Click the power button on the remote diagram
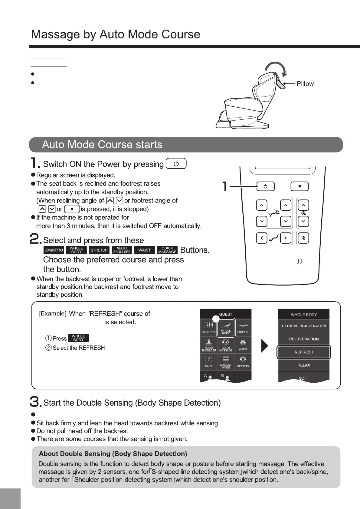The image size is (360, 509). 265,186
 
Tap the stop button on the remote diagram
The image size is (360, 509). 299,186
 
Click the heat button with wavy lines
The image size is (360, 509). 303,238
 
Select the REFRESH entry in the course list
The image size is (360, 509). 304,352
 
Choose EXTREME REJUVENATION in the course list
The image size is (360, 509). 304,326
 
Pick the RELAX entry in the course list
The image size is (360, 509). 304,365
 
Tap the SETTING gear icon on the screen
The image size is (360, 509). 243,361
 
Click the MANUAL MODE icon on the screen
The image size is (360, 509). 226,361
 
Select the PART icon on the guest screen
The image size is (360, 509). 209,361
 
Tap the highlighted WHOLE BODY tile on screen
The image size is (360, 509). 226,327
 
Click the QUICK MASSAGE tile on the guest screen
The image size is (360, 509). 226,345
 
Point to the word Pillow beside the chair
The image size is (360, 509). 305,84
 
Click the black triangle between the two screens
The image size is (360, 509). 265,346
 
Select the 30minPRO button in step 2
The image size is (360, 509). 54,250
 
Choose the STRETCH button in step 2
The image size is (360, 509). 99,250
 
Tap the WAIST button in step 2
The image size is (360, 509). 145,250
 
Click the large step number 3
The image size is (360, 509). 35,402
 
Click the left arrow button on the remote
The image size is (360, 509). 262,238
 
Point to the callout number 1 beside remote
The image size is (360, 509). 224,186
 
